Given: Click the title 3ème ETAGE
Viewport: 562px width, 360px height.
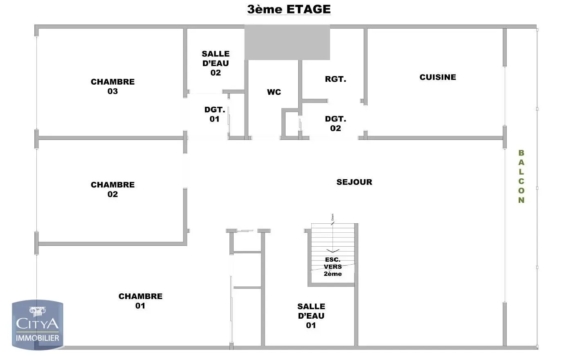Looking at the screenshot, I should pos(289,9).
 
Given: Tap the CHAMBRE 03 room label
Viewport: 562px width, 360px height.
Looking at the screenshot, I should pos(112,86).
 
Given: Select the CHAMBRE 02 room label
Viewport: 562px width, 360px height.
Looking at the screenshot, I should pos(112,189).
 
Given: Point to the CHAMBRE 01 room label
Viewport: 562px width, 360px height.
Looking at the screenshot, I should pos(140,301).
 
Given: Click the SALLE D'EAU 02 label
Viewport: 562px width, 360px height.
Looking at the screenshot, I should pos(216,63).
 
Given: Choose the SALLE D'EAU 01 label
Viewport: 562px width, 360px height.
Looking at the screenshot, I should pos(311,316).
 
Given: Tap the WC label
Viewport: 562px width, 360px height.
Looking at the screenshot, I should pos(274,92).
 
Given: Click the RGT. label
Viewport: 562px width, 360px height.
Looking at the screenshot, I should pos(335,79).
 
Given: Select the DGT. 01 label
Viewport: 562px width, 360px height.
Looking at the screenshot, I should pos(214,114).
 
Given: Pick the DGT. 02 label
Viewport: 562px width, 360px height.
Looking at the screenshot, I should pos(335,124).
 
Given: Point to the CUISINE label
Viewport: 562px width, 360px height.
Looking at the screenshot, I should pos(438,77).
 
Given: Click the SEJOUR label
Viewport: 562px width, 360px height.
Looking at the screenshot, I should pos(354,182).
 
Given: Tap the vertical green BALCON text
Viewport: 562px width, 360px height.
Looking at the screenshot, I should pos(521,176).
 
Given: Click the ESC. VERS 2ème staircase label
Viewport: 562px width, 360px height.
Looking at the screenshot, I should pos(333,267).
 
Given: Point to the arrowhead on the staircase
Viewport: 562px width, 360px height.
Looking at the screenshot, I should pos(333,250).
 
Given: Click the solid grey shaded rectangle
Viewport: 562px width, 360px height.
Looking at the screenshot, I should pos(287,43).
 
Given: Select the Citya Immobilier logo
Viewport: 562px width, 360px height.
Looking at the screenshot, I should pos(37,325).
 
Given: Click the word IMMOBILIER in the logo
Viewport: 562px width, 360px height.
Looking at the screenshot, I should pos(37,338).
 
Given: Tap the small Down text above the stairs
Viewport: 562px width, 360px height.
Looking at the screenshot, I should pos(333,217).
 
